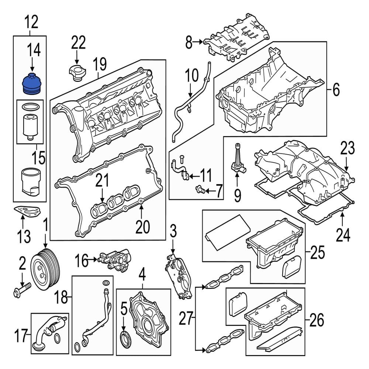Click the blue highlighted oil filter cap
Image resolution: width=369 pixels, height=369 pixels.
point(31,85)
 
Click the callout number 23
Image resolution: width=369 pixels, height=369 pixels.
point(347,149)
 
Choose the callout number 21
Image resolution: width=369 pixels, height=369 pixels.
point(103,180)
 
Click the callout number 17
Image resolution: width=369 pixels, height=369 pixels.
point(22,336)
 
